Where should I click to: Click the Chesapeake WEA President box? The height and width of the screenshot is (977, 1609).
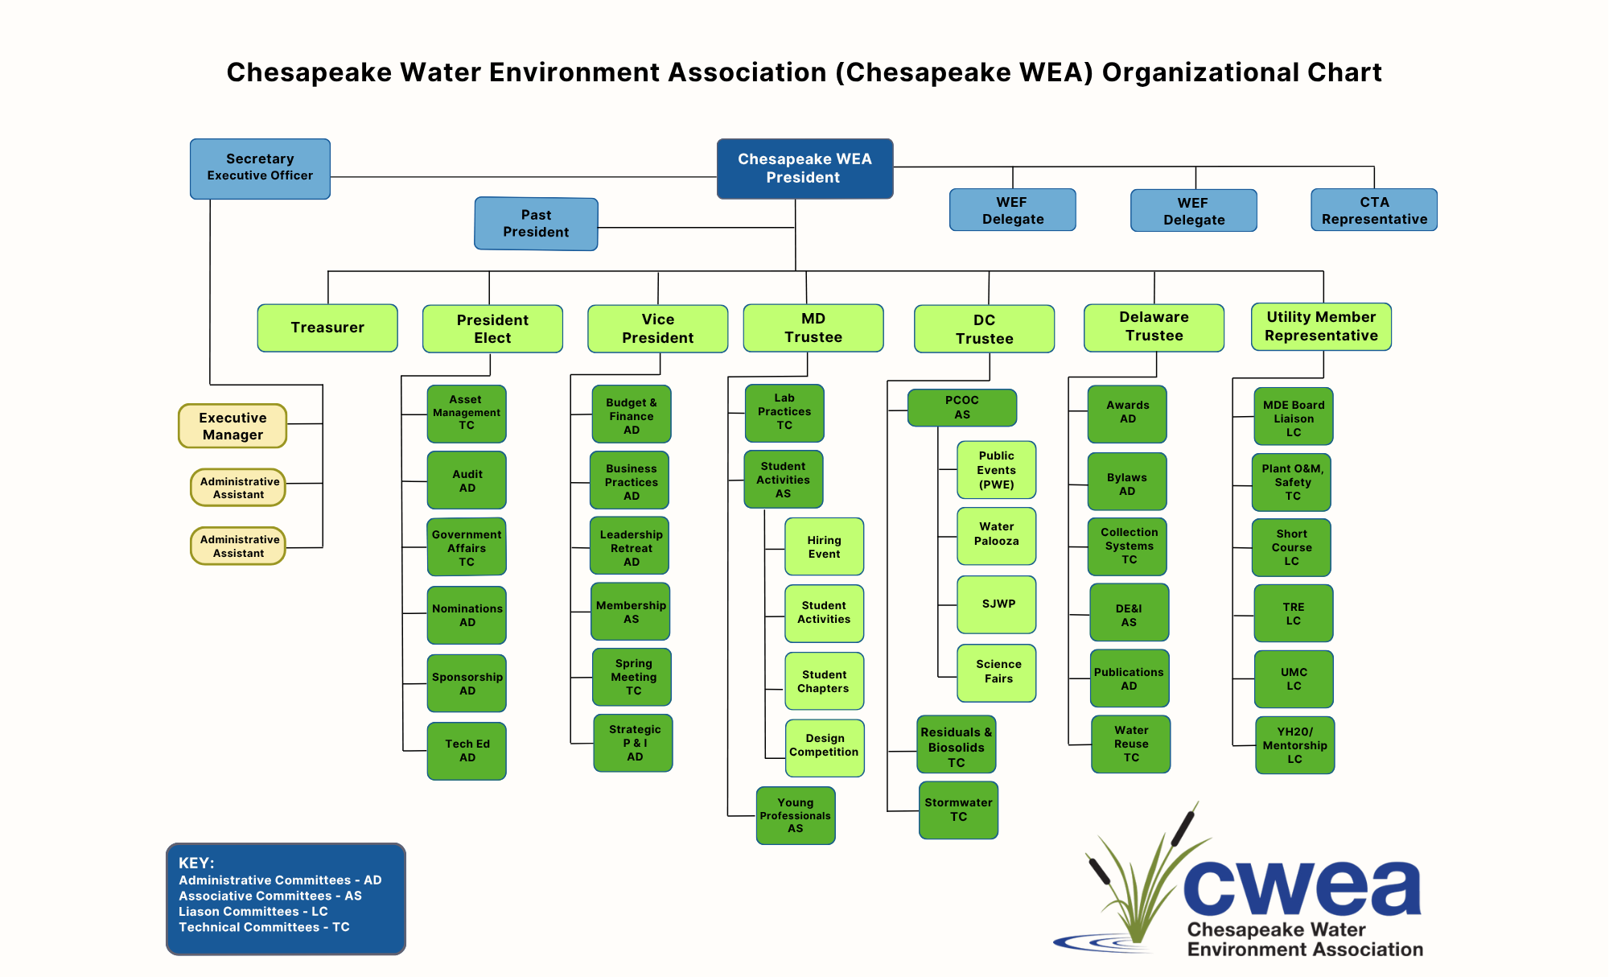[804, 168]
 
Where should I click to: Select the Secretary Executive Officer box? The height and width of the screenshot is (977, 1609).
[260, 168]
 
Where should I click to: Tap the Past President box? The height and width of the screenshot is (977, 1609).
[536, 224]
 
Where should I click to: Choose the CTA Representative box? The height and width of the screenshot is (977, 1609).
[1374, 210]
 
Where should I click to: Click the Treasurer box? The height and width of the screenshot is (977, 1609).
[327, 328]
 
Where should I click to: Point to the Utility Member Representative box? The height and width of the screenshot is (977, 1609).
[1321, 327]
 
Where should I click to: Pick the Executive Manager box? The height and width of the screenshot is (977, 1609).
[233, 426]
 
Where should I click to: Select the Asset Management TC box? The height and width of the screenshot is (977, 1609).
[467, 413]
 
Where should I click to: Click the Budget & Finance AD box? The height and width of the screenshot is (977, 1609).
[632, 415]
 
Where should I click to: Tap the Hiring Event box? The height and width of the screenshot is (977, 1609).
[824, 547]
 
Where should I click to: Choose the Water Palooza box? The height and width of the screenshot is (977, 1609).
[996, 534]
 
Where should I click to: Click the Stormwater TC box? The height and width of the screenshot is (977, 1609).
[958, 810]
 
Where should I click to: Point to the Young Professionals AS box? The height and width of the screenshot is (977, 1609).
[796, 815]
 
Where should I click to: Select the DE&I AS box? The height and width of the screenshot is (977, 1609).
[1129, 615]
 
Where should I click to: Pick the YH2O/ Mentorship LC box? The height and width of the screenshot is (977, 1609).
[1294, 745]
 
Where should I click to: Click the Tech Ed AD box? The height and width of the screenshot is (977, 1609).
[467, 750]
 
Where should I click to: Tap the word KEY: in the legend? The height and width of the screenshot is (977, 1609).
[196, 863]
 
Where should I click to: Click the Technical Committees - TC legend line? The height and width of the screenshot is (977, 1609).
[264, 927]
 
